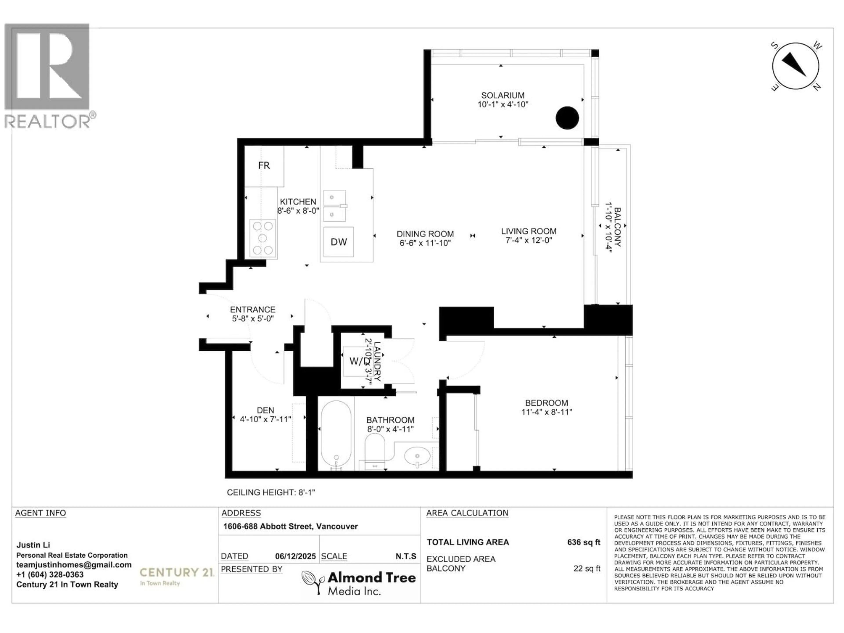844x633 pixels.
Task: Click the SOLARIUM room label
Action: (x=502, y=95)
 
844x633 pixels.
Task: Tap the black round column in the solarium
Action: (x=567, y=118)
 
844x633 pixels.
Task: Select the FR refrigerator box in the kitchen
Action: (x=264, y=166)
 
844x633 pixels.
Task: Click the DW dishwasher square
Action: (x=338, y=242)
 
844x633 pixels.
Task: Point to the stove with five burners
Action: (x=263, y=238)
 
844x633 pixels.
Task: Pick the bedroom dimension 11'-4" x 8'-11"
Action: (x=546, y=412)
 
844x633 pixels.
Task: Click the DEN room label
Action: (x=265, y=410)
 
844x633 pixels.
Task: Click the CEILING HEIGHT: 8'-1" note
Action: (x=271, y=493)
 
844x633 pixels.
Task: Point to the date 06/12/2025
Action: (x=295, y=556)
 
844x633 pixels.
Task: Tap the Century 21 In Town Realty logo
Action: (x=177, y=576)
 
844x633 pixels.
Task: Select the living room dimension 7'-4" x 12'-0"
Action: (x=528, y=240)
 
